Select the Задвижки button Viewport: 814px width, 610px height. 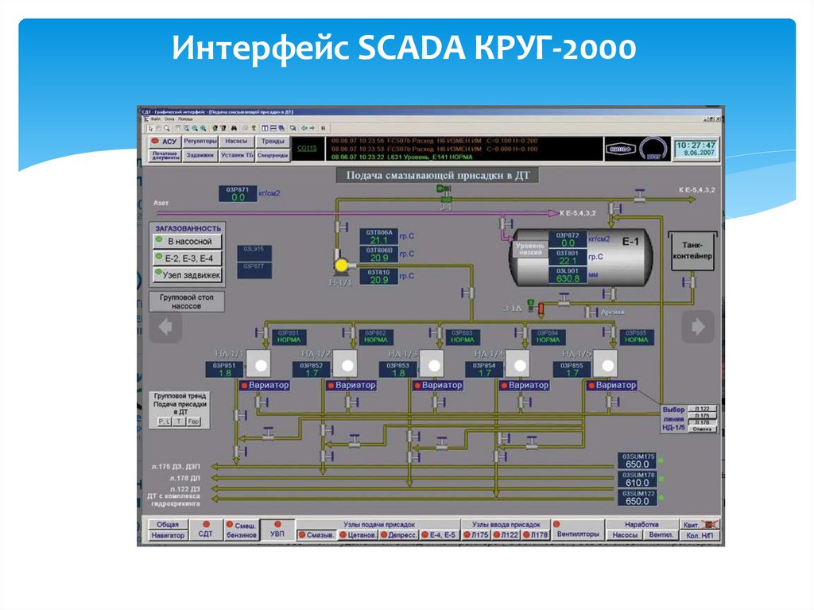[200, 156]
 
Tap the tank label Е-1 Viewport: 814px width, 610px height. [630, 240]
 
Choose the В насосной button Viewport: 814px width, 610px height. [188, 241]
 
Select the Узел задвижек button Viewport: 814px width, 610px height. [188, 275]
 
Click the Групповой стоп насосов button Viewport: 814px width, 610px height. [187, 301]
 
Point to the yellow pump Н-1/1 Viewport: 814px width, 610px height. [342, 265]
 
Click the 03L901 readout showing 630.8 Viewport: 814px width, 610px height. [567, 275]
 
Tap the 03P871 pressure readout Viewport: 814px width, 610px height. [238, 193]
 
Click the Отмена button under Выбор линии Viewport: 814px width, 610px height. [702, 429]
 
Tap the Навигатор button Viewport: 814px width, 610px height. [168, 535]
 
